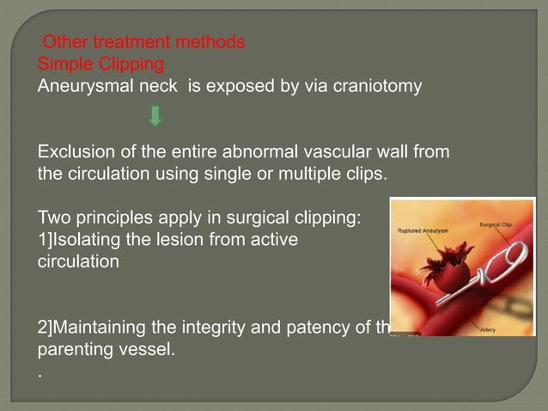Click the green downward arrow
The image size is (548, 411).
click(x=155, y=115)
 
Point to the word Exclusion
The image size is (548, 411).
click(x=75, y=153)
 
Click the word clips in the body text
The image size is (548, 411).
click(x=366, y=175)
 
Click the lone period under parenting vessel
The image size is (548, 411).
click(x=40, y=375)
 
